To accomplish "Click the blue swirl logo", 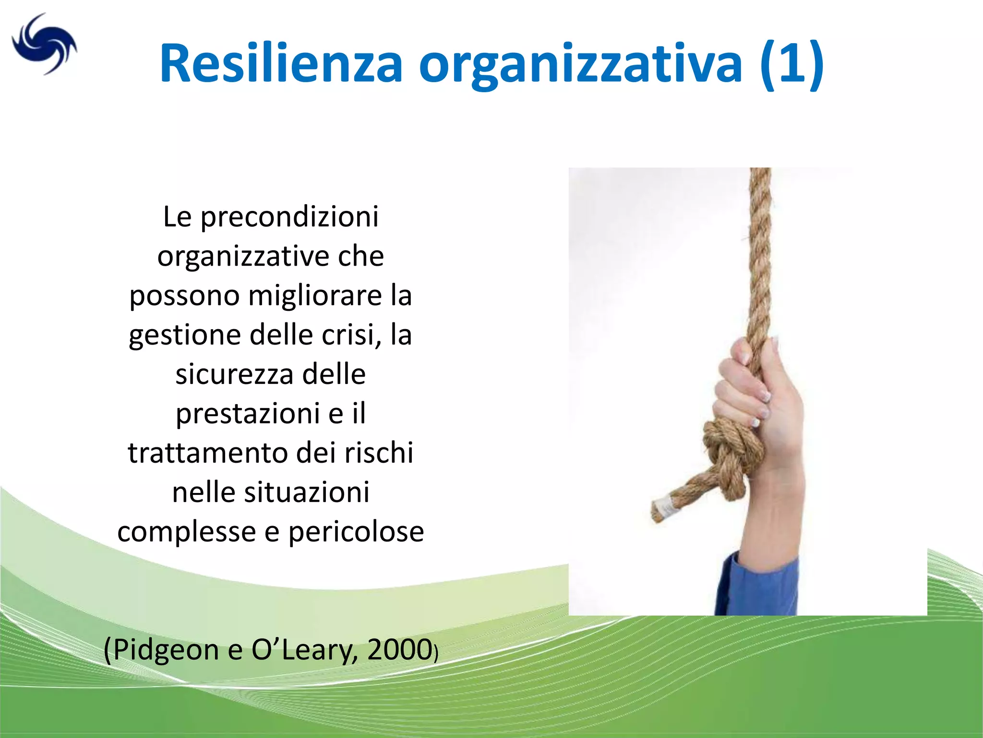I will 44,44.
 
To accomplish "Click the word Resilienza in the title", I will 281,64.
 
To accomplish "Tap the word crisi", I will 352,335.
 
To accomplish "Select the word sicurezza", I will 234,374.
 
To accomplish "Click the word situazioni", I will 307,492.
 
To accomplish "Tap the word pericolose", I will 356,532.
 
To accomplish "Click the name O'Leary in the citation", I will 304,650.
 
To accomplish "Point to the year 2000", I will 399,650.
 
